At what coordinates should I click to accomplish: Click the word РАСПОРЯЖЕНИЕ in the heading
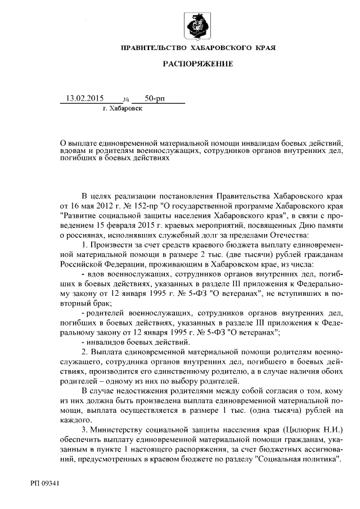(x=197, y=65)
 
